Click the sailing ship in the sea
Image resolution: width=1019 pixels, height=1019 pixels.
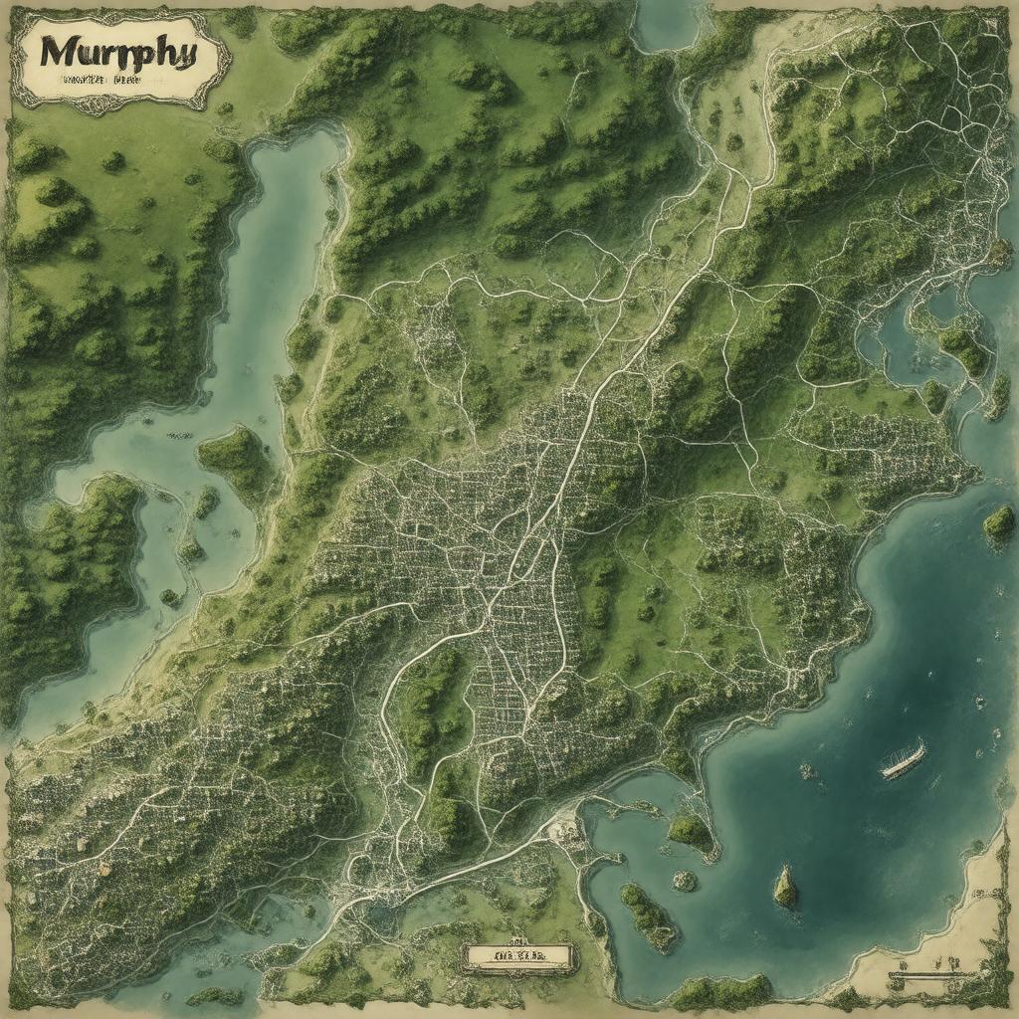tap(903, 758)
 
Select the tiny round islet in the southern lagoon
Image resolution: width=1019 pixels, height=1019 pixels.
tap(685, 880)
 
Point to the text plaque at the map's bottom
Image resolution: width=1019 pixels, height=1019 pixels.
tap(518, 957)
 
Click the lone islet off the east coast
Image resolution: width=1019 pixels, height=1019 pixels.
tap(998, 522)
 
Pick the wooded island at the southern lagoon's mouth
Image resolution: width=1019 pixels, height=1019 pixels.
tap(691, 830)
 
